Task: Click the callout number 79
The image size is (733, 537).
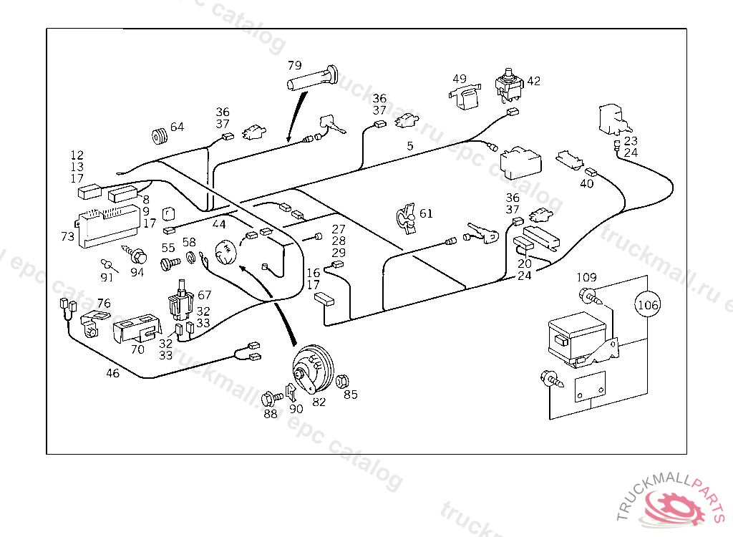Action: click(295, 66)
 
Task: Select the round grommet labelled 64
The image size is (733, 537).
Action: click(158, 135)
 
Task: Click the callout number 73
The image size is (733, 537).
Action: click(67, 236)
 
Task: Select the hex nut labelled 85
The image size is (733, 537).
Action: click(342, 379)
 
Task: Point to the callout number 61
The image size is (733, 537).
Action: click(426, 213)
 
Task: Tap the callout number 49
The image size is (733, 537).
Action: click(459, 79)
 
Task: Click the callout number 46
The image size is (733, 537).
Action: click(113, 373)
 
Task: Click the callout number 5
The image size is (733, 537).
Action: click(410, 146)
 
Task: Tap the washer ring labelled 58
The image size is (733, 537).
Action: click(191, 258)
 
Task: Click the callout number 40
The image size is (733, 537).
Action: click(587, 183)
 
